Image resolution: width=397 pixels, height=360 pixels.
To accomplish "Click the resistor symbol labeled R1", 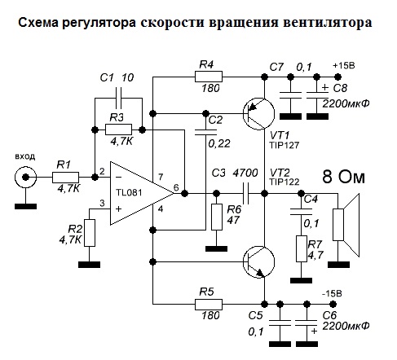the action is [x=65, y=178].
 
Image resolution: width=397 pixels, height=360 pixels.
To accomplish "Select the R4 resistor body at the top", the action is [x=209, y=77].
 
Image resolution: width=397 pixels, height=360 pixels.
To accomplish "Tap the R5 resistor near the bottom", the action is [x=209, y=305].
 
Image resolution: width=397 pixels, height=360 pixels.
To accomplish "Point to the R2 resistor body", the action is [x=90, y=233].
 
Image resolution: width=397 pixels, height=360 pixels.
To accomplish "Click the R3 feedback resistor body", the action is [x=118, y=130].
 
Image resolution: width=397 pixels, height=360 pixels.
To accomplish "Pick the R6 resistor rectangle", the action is [x=217, y=217].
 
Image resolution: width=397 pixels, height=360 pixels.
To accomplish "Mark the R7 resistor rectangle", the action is [x=302, y=248].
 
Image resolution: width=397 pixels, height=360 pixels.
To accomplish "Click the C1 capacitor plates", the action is [x=118, y=98].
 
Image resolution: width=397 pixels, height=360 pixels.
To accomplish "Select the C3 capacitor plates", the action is [x=246, y=193].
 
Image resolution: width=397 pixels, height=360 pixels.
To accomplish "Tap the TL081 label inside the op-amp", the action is [x=129, y=192].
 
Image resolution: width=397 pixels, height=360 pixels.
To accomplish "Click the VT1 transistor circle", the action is [x=258, y=114].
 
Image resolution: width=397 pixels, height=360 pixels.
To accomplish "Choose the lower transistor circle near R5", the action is [x=258, y=261].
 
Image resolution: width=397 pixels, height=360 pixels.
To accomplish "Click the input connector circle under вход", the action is [x=25, y=178].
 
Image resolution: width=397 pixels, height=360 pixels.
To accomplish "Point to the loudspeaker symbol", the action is [x=346, y=225].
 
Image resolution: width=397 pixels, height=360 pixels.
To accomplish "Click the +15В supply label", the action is [x=344, y=66].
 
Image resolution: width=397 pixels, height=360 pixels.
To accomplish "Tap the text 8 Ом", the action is [x=343, y=177].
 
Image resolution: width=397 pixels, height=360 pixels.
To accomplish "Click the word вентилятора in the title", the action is [x=327, y=23].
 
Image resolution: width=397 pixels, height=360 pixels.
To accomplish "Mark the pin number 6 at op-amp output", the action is [x=176, y=187].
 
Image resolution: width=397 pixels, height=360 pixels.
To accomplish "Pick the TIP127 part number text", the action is [x=284, y=145].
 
